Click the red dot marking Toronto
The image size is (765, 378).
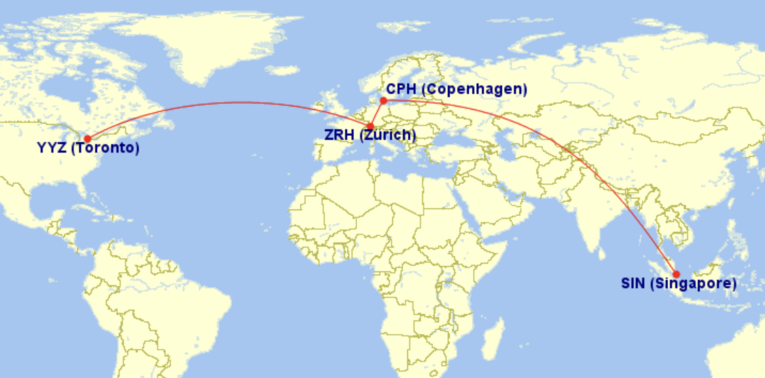tap(87, 138)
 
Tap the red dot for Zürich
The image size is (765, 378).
tap(371, 126)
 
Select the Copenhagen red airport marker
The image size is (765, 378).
tap(383, 100)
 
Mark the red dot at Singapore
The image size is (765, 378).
tap(676, 274)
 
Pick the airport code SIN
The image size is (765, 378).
tap(634, 284)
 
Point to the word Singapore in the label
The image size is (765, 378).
tap(694, 284)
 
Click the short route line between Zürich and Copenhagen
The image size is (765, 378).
tap(377, 113)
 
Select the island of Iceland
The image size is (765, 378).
tap(282, 70)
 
